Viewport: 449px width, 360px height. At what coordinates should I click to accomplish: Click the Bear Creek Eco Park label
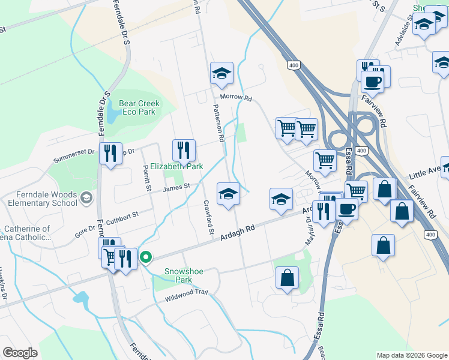click(137, 107)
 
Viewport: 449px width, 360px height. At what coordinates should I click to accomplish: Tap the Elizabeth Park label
click(176, 166)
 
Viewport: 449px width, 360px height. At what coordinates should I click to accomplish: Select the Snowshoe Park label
click(184, 275)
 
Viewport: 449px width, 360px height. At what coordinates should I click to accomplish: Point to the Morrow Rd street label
click(235, 97)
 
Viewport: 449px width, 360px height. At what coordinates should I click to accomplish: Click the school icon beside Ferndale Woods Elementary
click(87, 197)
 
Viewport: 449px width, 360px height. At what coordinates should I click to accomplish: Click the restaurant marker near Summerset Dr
click(110, 152)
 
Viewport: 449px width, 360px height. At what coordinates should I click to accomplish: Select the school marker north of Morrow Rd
click(221, 74)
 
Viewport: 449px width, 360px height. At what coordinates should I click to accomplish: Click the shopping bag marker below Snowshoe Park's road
click(288, 278)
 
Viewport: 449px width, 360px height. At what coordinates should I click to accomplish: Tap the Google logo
click(20, 353)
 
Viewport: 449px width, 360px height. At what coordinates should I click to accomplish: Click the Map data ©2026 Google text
click(411, 355)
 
